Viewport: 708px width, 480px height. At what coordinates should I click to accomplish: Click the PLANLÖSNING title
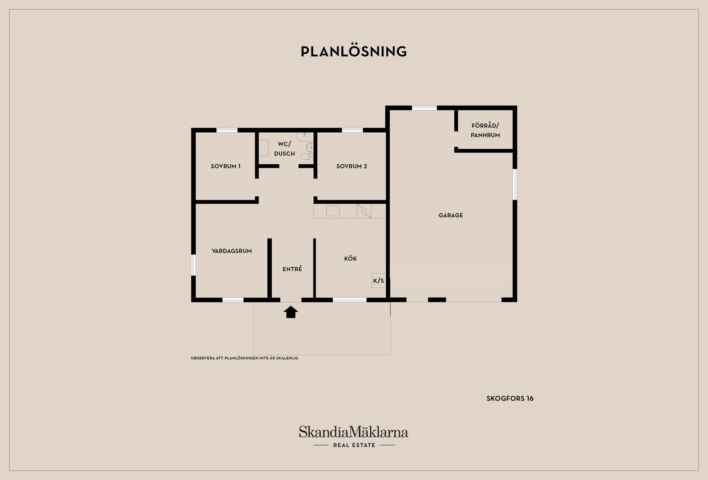[354, 51]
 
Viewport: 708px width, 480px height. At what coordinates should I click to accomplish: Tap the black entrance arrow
[291, 312]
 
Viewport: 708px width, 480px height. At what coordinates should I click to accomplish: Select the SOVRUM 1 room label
[226, 166]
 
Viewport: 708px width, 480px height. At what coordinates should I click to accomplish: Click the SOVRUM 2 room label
[352, 166]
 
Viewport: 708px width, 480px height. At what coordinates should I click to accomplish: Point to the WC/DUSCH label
[285, 149]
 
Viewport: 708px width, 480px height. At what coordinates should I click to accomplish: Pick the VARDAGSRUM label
[232, 251]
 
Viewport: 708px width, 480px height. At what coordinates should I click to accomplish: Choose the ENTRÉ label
[292, 269]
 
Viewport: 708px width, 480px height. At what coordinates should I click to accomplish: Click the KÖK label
[351, 258]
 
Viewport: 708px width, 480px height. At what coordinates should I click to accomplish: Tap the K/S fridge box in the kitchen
[379, 281]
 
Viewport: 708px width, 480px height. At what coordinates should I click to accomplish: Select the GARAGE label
[451, 215]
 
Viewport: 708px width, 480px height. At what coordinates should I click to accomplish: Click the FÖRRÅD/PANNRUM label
[485, 131]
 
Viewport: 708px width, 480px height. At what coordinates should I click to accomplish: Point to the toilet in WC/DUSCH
[307, 156]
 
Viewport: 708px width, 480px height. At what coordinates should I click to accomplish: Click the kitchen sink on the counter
[333, 211]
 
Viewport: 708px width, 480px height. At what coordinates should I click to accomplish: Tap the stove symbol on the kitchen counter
[364, 211]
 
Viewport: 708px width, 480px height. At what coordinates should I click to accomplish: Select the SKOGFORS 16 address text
[510, 399]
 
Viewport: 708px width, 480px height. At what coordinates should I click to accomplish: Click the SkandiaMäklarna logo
[354, 432]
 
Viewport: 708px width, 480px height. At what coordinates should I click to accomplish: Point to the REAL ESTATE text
[354, 445]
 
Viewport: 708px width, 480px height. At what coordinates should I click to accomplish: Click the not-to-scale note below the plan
[244, 358]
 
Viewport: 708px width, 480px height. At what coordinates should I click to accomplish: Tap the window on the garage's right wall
[515, 184]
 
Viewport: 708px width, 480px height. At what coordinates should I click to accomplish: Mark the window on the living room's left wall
[193, 265]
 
